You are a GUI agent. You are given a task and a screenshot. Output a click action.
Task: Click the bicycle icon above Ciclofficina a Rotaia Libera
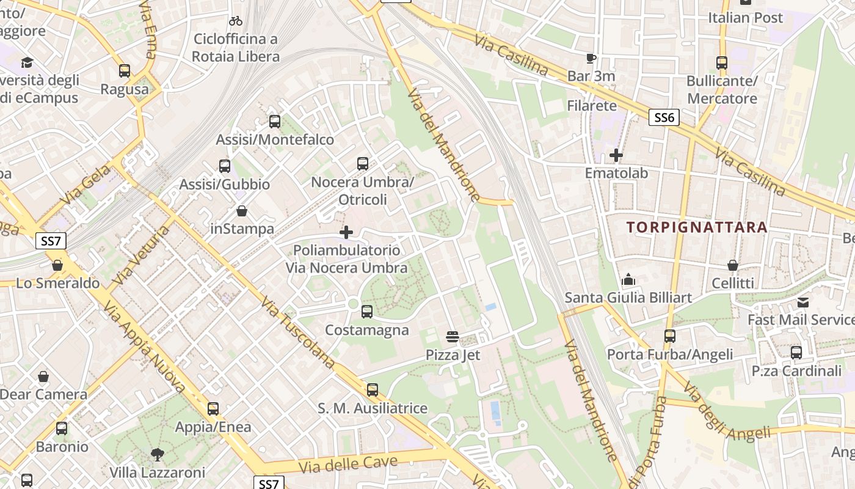tap(236, 21)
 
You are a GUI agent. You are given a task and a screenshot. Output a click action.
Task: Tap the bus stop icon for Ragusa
tap(125, 70)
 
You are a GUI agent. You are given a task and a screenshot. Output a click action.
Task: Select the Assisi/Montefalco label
tap(275, 139)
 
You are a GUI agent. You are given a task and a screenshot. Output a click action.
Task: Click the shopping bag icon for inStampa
tap(242, 211)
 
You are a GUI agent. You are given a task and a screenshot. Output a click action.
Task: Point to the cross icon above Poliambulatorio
tap(346, 232)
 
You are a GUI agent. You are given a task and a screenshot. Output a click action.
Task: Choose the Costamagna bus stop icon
tap(366, 312)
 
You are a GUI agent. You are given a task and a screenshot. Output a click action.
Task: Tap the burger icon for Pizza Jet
tap(453, 336)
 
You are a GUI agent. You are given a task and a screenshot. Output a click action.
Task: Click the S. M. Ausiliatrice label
tap(373, 408)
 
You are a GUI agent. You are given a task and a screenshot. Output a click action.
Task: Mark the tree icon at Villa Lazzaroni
tap(158, 454)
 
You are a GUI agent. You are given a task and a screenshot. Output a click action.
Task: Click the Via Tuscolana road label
tap(297, 333)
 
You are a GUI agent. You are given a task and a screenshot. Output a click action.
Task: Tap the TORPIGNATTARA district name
tap(697, 227)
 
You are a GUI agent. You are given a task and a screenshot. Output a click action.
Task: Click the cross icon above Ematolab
tap(616, 155)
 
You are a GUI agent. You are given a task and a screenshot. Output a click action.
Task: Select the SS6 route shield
tap(664, 117)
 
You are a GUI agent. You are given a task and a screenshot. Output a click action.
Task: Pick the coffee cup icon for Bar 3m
tap(591, 59)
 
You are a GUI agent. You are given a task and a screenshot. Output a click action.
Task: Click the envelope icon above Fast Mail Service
tap(803, 302)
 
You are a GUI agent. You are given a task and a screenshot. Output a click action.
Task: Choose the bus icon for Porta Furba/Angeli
tap(670, 336)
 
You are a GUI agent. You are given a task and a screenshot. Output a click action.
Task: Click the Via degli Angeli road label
tap(727, 413)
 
